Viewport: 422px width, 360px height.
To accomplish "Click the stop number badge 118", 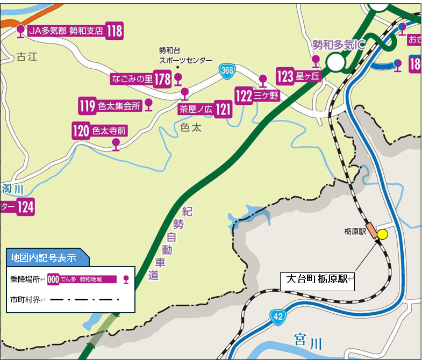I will point(115,31).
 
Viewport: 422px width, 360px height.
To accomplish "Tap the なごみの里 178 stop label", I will point(140,79).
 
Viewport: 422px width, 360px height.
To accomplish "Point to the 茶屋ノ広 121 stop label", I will point(205,110).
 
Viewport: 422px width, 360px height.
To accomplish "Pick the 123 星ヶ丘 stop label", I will point(298,76).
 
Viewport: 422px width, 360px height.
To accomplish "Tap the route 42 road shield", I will point(277,317).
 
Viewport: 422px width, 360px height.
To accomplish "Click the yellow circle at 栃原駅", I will point(382,234).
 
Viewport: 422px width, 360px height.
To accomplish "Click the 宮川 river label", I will point(307,340).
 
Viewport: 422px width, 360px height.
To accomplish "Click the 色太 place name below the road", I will point(190,128).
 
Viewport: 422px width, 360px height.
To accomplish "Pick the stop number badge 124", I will point(26,206).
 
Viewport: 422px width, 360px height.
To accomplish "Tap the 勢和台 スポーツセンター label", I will point(185,56).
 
